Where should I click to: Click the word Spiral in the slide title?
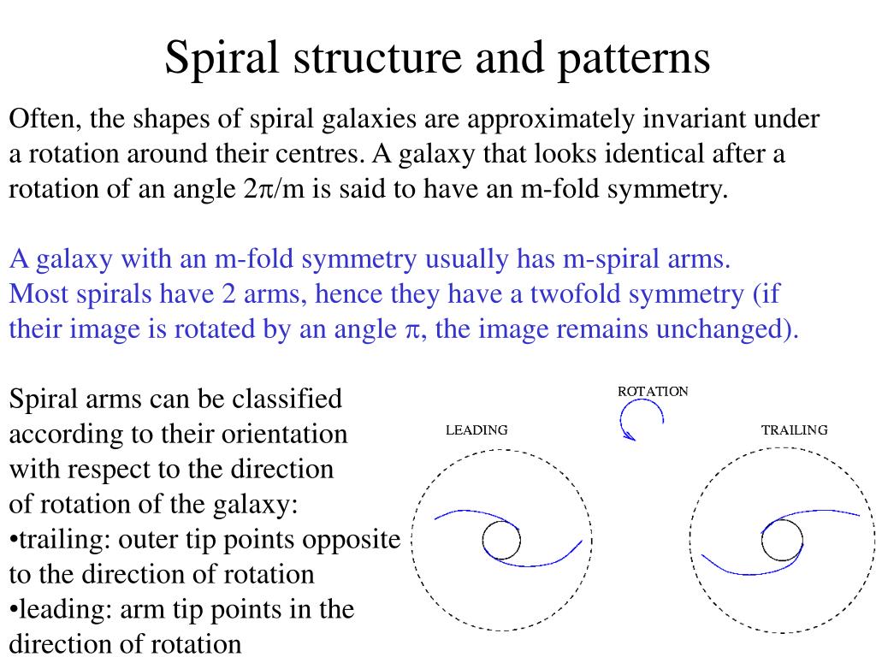coord(223,58)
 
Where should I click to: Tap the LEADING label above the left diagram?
coord(476,430)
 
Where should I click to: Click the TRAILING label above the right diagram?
coord(795,430)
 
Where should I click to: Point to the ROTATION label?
coord(653,391)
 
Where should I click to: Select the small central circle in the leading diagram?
coord(501,540)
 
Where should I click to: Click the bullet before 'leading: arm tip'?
coord(13,610)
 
